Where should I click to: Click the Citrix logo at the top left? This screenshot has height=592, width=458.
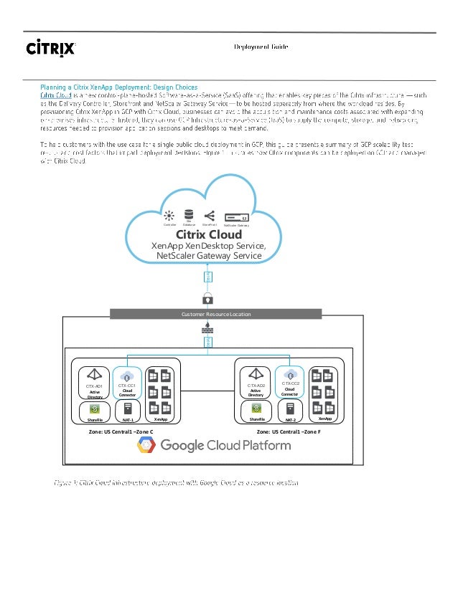(x=51, y=48)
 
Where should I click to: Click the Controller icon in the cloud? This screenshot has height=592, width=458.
(x=169, y=216)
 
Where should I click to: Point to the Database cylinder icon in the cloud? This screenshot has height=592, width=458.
(x=189, y=215)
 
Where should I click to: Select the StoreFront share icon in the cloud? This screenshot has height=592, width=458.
(x=210, y=215)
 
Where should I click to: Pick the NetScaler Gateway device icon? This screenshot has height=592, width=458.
(x=236, y=216)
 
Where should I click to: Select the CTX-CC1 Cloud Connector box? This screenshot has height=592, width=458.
(x=127, y=383)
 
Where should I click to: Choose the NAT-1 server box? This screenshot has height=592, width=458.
(x=127, y=413)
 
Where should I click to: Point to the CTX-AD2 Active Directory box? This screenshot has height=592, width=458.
(x=256, y=383)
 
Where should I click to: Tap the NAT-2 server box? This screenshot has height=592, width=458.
(x=289, y=413)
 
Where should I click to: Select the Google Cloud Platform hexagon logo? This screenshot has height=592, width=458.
(x=147, y=446)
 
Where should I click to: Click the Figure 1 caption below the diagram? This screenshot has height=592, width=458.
(x=177, y=483)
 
